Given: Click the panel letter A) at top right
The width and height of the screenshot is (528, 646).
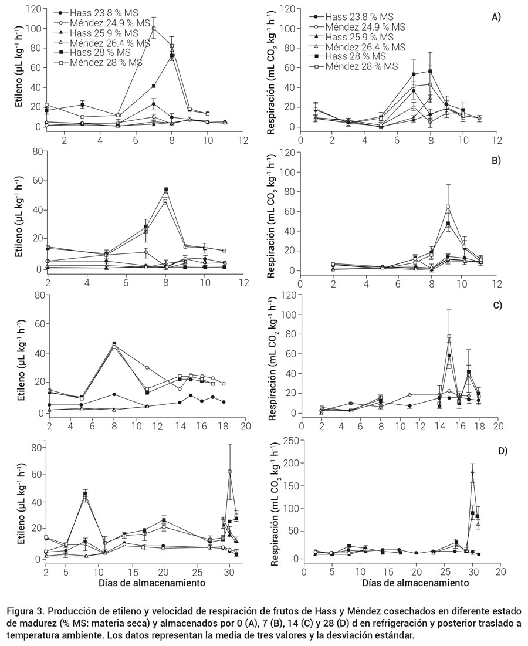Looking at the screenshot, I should coord(496,18).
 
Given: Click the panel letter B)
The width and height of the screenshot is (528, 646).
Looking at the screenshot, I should coord(496,160).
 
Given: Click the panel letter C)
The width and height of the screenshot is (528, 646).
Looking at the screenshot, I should coord(496,305).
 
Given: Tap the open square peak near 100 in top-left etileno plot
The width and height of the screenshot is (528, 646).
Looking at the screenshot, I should coord(154,28).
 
